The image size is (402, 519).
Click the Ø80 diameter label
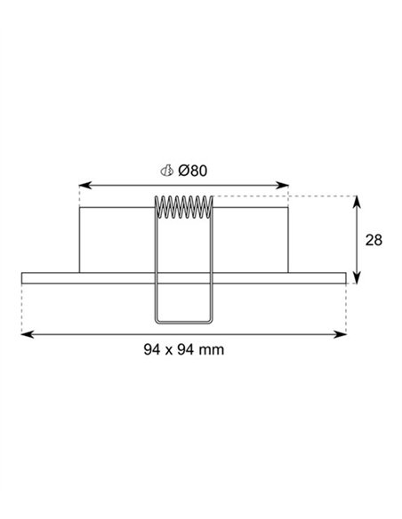pyautogui.click(x=193, y=171)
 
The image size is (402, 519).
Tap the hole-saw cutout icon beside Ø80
pyautogui.click(x=167, y=171)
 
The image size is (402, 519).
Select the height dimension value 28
pyautogui.click(x=374, y=240)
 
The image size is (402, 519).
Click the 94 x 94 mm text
pyautogui.click(x=184, y=349)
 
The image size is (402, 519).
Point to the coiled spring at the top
pyautogui.click(x=184, y=207)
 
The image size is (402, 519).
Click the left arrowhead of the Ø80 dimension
pyautogui.click(x=85, y=185)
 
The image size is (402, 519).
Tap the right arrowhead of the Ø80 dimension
pyautogui.click(x=283, y=185)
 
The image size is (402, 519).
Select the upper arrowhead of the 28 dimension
pyautogui.click(x=357, y=202)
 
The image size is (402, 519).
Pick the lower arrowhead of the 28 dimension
pyautogui.click(x=357, y=277)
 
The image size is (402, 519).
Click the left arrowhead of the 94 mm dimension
pyautogui.click(x=28, y=334)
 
